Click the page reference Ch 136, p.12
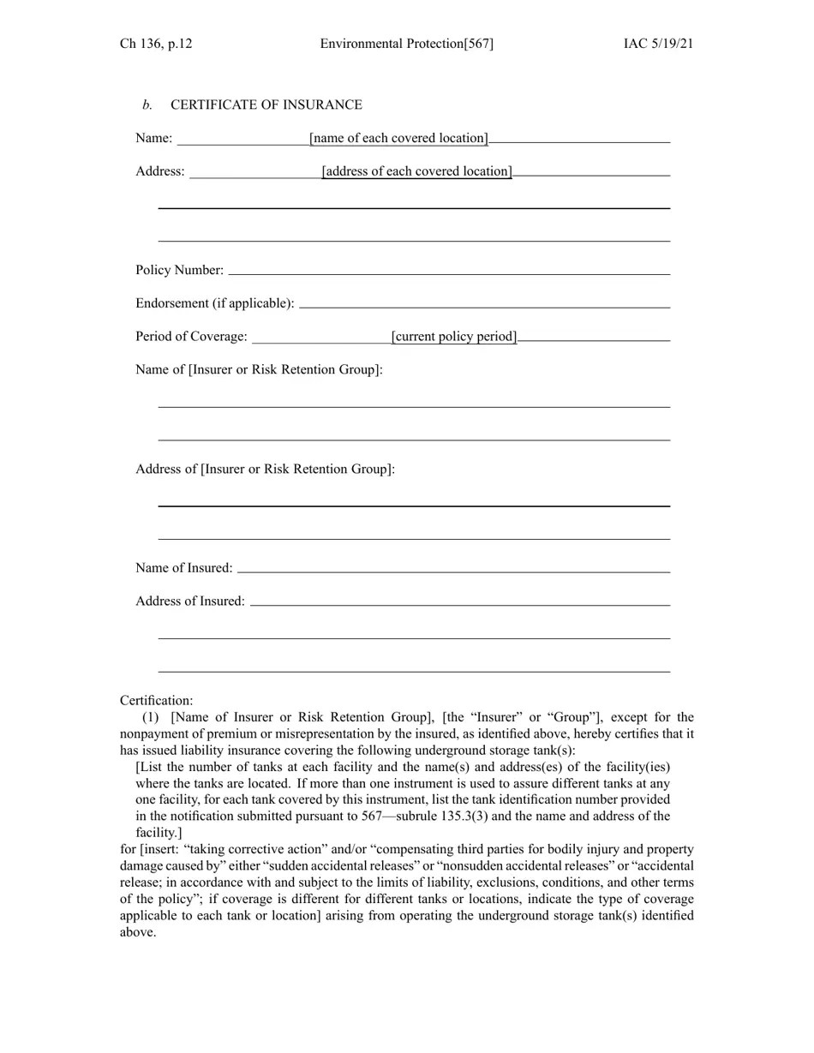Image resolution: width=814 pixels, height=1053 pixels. click(156, 44)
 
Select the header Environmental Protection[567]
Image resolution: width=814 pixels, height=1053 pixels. click(406, 44)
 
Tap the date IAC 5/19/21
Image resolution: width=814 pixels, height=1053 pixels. click(658, 44)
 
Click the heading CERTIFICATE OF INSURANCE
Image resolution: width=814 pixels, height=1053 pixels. click(266, 105)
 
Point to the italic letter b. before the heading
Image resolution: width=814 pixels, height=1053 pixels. click(147, 105)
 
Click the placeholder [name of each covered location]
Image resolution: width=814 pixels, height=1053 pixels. click(399, 138)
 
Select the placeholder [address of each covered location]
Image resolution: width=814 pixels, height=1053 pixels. click(417, 171)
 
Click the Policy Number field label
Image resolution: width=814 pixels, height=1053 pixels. click(179, 270)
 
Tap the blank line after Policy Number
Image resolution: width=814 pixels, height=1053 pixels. click(449, 273)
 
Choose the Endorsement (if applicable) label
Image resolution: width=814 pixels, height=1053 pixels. click(214, 303)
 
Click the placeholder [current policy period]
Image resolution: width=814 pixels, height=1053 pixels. click(454, 337)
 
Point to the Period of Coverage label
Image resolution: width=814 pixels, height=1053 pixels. click(191, 337)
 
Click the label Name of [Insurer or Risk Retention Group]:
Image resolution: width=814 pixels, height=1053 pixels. click(259, 369)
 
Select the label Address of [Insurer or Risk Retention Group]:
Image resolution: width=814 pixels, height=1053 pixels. click(265, 469)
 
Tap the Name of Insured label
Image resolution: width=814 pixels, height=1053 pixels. click(183, 568)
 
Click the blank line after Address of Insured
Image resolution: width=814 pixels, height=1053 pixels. click(460, 604)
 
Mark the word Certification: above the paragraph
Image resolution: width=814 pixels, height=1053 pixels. click(157, 701)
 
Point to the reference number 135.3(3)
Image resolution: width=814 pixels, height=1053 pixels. click(464, 817)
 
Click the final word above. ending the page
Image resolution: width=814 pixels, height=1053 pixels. click(138, 932)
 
